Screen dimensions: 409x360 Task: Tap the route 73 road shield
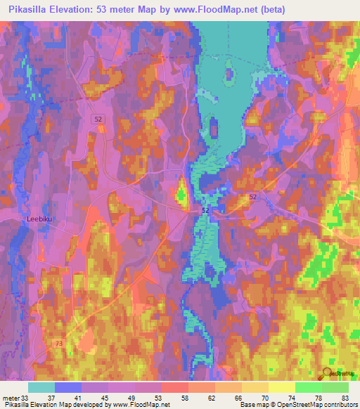[58, 343]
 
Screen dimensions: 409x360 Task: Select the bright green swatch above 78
[309, 387]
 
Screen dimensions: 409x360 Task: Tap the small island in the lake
[229, 72]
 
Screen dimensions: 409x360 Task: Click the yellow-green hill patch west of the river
[181, 190]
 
